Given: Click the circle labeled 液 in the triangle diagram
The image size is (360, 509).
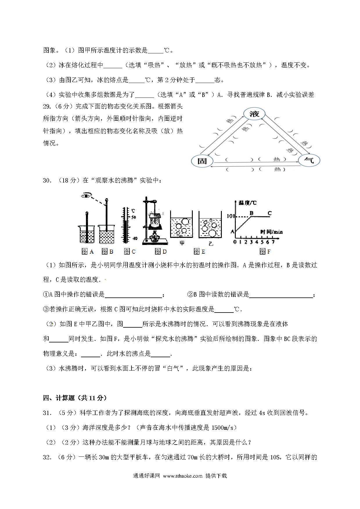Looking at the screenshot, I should point(254,114).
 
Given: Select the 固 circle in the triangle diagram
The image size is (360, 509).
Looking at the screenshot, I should point(202,161).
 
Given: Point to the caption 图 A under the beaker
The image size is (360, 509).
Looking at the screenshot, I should point(88,251).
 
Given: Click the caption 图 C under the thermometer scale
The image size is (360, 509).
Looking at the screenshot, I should point(129,251).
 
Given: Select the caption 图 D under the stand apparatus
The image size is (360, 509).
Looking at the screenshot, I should point(161,251).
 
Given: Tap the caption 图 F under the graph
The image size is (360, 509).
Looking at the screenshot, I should point(265,251).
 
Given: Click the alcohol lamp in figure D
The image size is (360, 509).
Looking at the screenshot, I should point(154,237).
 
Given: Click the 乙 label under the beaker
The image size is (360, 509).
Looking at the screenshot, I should point(211,244).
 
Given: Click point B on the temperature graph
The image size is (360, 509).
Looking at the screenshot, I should point(251,213).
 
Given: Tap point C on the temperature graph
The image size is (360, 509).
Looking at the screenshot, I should point(269,213).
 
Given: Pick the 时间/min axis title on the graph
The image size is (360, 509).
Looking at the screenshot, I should point(271,232).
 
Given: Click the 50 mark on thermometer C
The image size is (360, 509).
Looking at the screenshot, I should point(134,217).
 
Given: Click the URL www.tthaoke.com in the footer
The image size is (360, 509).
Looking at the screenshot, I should point(183,476).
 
